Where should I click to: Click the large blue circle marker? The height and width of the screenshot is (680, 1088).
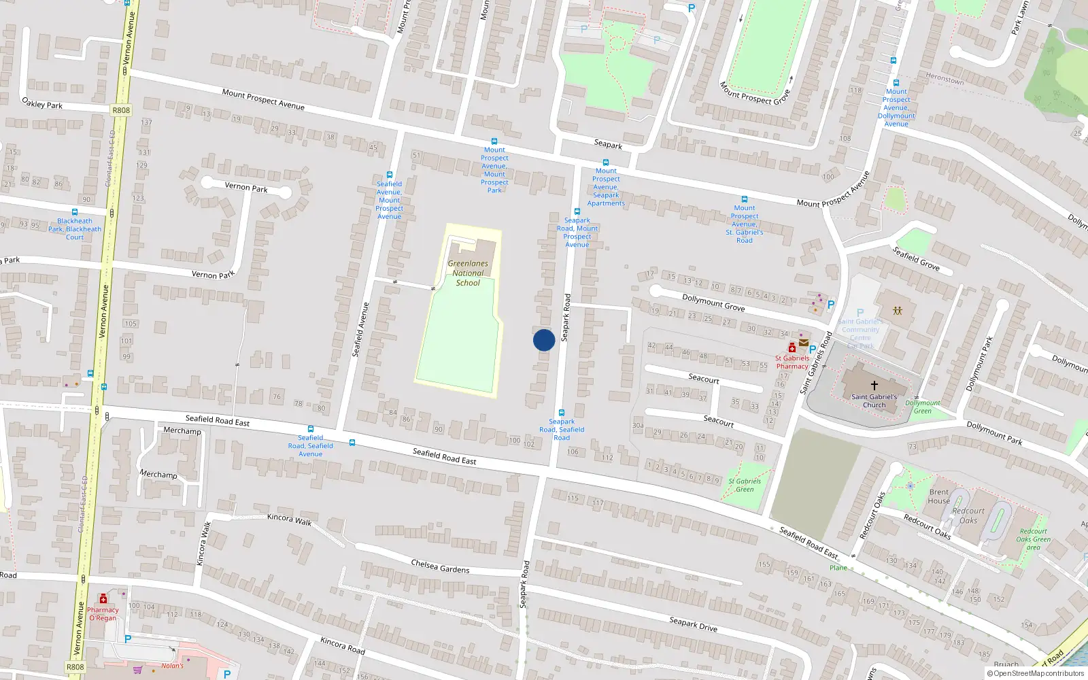[x=544, y=340]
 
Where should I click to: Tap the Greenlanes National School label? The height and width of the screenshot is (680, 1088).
[x=468, y=273]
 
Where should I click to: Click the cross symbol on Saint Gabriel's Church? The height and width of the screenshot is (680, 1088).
[x=874, y=385]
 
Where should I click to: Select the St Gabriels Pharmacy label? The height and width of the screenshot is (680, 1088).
[x=792, y=362]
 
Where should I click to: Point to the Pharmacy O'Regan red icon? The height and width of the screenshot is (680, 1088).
[x=103, y=599]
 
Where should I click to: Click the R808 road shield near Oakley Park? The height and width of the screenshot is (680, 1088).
[x=121, y=110]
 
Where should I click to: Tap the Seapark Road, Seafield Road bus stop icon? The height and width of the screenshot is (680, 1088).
[x=562, y=413]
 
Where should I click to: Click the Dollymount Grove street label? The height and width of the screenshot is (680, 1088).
[x=713, y=303]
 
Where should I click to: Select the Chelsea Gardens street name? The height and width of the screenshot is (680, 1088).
[x=440, y=566]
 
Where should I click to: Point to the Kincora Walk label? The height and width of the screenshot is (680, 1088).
[x=289, y=520]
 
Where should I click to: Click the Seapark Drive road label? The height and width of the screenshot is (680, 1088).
[x=693, y=624]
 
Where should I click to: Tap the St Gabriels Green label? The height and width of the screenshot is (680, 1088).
[x=745, y=485]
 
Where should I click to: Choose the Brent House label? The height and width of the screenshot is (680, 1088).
[x=939, y=496]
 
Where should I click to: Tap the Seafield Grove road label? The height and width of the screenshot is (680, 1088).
[x=916, y=259]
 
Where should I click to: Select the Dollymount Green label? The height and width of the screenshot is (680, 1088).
[x=923, y=407]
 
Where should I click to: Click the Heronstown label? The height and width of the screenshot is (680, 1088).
[x=945, y=79]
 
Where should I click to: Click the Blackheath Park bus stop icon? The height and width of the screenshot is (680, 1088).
[x=75, y=212]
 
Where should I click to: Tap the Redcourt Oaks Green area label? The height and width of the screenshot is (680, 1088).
[x=1034, y=539]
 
